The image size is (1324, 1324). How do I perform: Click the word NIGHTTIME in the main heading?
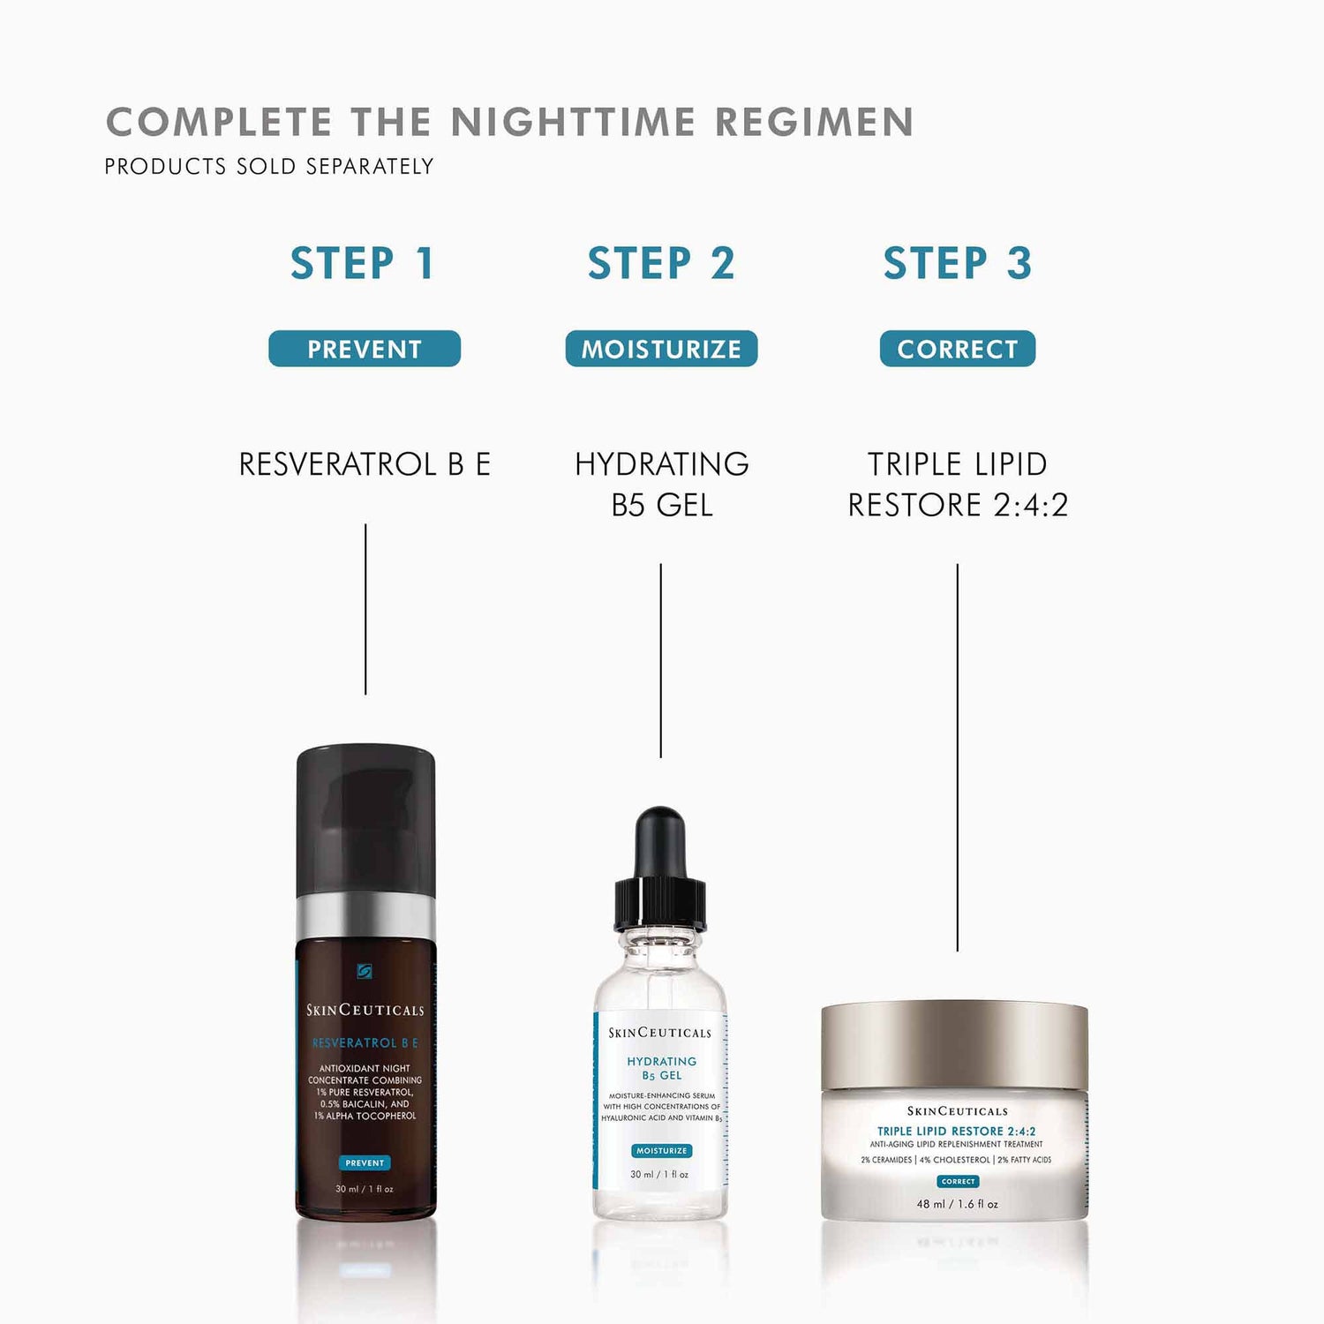(x=573, y=123)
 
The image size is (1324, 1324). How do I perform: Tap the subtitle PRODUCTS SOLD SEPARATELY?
(x=269, y=167)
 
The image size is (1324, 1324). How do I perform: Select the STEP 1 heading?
(x=363, y=264)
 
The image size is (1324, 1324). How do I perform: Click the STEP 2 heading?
(x=661, y=264)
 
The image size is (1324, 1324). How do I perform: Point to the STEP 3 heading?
(x=958, y=264)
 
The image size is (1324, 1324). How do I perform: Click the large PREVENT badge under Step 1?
(x=365, y=349)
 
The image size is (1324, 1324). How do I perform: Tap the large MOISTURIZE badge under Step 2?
(x=661, y=349)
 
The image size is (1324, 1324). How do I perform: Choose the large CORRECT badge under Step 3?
(x=958, y=349)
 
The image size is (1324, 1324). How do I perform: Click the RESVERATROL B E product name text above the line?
(x=365, y=464)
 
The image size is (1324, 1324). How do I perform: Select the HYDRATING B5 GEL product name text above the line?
(x=661, y=485)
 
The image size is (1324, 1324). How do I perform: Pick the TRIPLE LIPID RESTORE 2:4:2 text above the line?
(x=958, y=485)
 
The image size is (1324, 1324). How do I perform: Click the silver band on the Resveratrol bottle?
(x=365, y=915)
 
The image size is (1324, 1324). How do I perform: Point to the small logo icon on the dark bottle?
(x=365, y=971)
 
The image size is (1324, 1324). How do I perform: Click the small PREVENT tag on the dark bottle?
(x=365, y=1163)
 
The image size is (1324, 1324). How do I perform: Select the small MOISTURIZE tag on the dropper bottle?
(x=661, y=1151)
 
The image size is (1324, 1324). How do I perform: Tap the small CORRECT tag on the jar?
(x=958, y=1182)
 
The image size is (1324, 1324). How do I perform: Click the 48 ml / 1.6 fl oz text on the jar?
(x=958, y=1204)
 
